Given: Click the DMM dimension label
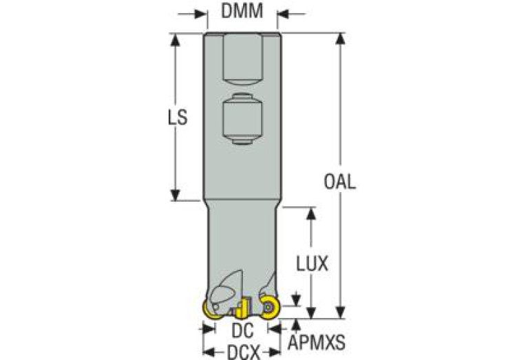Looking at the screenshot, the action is pos(242,11).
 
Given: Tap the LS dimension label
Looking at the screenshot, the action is pos(178,118).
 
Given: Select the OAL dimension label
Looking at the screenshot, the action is pos(339,182).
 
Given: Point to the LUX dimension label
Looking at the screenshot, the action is pos(312,264).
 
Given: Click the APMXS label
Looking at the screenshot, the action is pos(317,343).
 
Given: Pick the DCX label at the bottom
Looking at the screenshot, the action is pos(244,352).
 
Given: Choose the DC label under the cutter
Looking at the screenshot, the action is pos(242,330).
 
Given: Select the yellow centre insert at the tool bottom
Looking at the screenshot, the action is pos(242,308).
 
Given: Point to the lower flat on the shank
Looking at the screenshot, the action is pos(242,119).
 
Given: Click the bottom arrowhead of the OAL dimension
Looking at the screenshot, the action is pos(341,313).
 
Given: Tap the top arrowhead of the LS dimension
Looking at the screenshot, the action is pos(175,39).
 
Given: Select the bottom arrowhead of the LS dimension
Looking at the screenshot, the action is pos(175,195).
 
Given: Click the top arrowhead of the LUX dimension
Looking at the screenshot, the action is pos(311,213).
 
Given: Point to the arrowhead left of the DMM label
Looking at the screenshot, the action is pos(201,14).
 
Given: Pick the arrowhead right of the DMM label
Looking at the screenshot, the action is pos(283,14).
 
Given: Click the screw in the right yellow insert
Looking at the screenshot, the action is pos(268,307).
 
